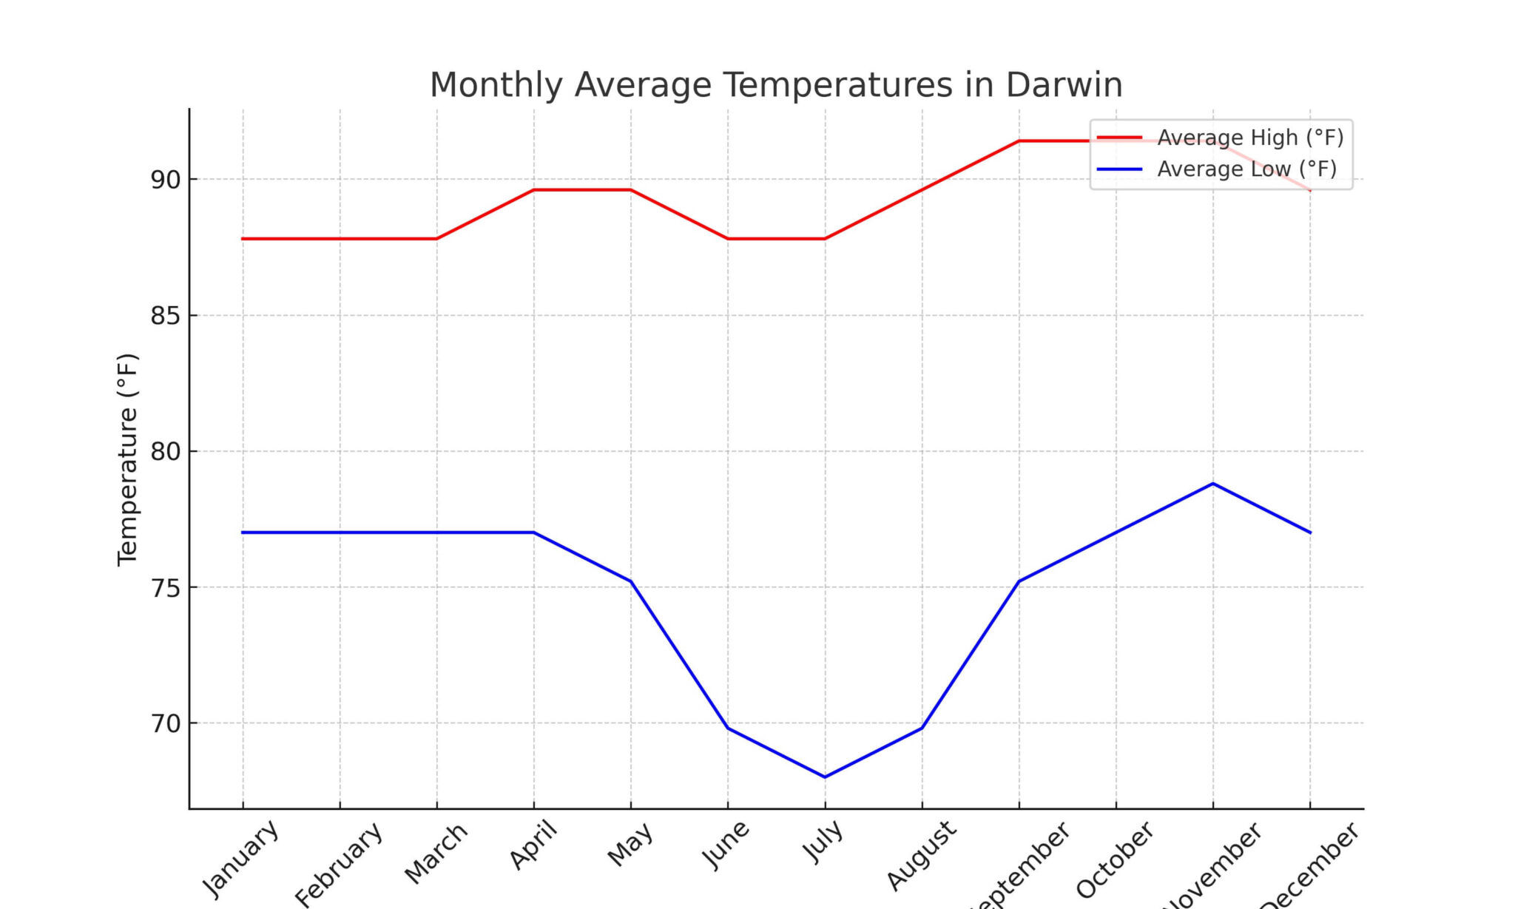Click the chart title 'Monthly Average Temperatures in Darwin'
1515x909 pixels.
776,85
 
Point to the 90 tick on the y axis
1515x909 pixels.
166,180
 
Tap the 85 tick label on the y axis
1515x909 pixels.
166,316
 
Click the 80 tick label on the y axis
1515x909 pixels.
166,452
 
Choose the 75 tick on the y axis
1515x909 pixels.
166,588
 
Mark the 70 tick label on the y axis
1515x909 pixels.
166,724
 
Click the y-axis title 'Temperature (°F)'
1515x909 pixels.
127,459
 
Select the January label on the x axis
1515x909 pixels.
240,858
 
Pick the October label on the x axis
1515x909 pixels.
1114,859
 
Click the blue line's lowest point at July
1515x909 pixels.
825,777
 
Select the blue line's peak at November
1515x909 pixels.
1213,484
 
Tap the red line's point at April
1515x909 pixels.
533,190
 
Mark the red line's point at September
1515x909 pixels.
1019,141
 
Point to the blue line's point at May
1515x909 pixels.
630,581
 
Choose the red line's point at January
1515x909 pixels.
243,239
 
